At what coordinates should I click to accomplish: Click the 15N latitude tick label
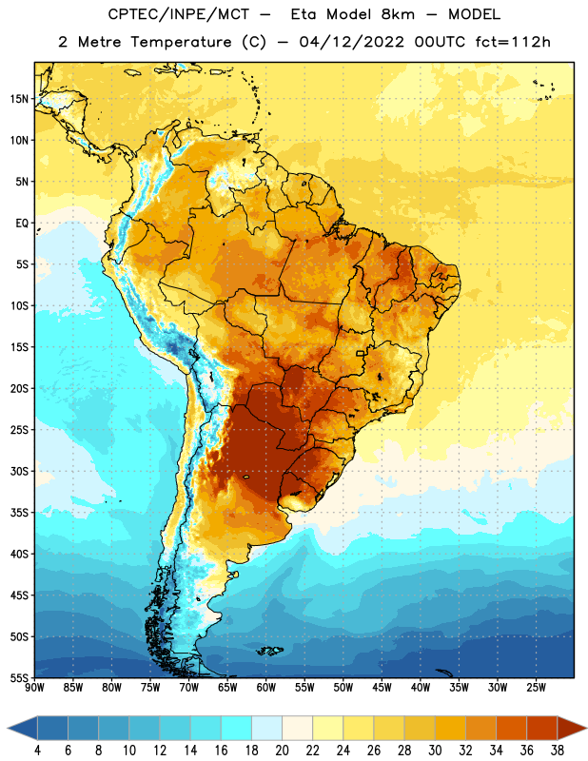19,99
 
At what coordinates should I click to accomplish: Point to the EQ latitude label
22,224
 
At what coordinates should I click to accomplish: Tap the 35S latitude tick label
19,513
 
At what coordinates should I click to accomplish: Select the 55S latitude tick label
19,677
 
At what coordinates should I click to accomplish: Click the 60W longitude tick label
266,688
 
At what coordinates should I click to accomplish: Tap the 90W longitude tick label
35,688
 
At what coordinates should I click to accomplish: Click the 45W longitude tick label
382,688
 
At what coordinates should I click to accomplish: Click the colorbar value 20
282,751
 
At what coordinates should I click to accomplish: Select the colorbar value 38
558,751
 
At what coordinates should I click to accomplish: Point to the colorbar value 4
37,751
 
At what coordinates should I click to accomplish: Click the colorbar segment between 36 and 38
542,728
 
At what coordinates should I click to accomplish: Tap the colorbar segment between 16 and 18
236,728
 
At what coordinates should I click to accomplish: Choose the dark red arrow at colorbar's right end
572,728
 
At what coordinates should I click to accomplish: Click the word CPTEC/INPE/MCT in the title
178,14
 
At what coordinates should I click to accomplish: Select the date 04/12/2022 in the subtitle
351,42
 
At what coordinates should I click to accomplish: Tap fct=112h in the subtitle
513,42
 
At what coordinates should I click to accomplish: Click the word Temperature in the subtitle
181,42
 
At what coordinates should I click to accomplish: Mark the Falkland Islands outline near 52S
270,651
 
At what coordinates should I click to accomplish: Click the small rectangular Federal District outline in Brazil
361,353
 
